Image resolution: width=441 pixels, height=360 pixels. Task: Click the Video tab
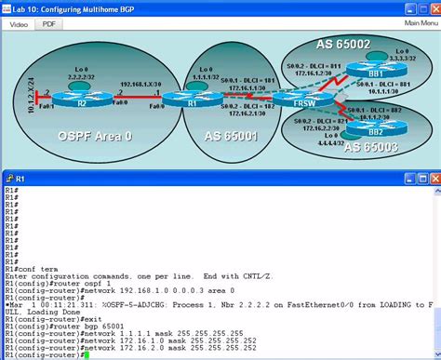click(x=19, y=25)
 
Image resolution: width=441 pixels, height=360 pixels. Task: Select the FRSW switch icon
click(x=304, y=102)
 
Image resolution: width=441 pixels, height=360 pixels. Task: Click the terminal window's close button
click(x=433, y=175)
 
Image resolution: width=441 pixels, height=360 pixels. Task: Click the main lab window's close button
click(x=433, y=7)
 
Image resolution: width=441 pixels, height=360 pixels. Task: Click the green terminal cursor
click(x=85, y=354)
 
